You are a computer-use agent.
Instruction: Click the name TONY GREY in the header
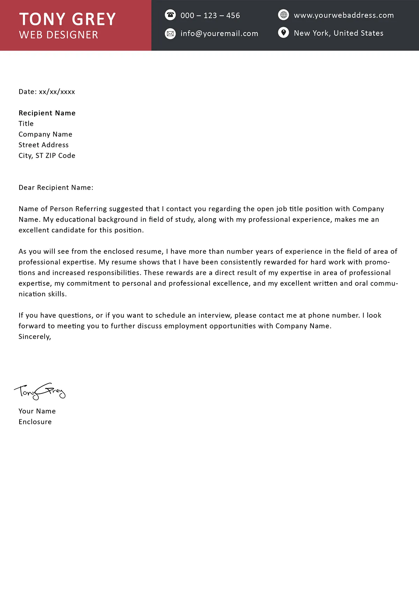(x=67, y=19)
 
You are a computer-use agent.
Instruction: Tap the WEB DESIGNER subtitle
(x=59, y=35)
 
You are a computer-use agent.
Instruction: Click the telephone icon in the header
(x=170, y=15)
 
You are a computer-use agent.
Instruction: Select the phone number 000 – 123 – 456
(x=210, y=15)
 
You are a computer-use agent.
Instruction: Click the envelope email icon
(x=170, y=34)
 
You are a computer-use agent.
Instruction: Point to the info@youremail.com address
(x=219, y=34)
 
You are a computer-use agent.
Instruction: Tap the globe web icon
(x=284, y=15)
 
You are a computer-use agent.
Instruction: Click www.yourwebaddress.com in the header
(x=344, y=15)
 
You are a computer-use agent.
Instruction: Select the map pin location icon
(x=284, y=33)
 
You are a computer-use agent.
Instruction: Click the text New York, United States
(x=338, y=33)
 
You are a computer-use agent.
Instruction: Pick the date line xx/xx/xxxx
(x=47, y=92)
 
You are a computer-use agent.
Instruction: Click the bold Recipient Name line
(x=47, y=113)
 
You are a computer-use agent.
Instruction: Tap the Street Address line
(x=44, y=145)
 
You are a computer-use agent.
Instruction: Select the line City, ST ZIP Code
(x=47, y=156)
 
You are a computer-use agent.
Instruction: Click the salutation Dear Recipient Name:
(x=56, y=188)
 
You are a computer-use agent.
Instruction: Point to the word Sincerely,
(x=35, y=337)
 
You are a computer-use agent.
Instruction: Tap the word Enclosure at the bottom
(x=35, y=422)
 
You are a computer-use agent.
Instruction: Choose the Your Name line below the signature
(x=37, y=411)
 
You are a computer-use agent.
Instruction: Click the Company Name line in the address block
(x=45, y=134)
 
